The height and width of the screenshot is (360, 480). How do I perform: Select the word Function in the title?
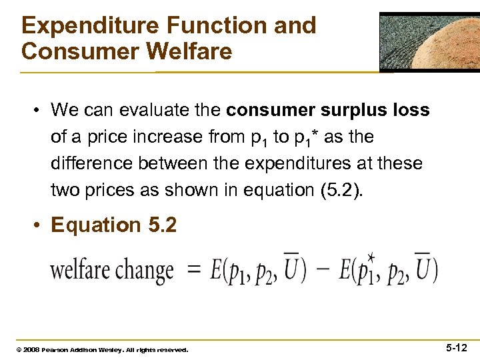[206, 25]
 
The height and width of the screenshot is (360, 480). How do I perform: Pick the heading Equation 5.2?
[114, 225]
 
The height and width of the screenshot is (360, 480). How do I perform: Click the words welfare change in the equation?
[112, 271]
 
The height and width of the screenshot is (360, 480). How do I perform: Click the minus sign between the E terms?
[323, 271]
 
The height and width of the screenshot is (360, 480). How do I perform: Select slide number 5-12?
[457, 347]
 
